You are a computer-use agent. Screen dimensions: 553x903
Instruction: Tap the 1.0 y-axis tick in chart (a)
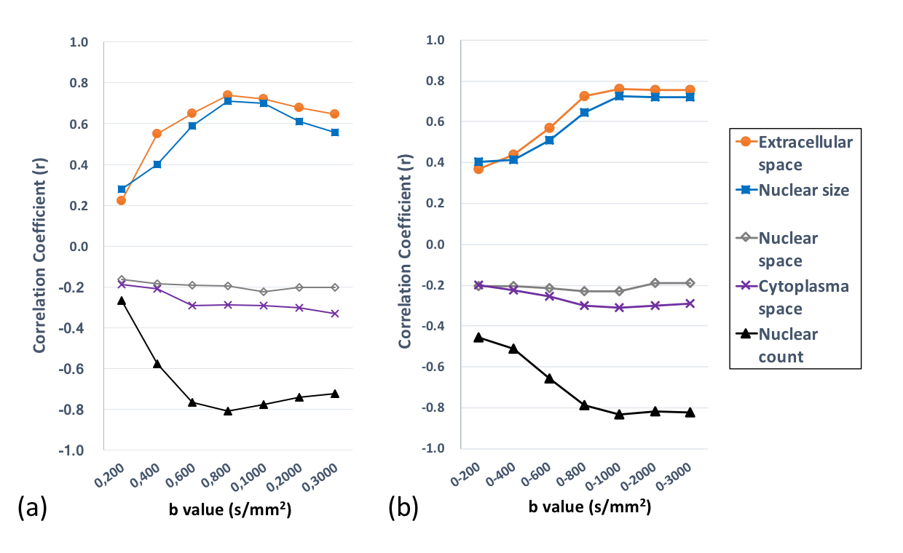pyautogui.click(x=78, y=42)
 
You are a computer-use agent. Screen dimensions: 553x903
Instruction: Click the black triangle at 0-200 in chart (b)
pyautogui.click(x=478, y=338)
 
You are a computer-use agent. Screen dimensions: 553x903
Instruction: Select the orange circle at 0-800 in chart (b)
pyautogui.click(x=584, y=96)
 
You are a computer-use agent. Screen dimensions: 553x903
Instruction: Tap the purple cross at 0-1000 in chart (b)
pyautogui.click(x=619, y=308)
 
